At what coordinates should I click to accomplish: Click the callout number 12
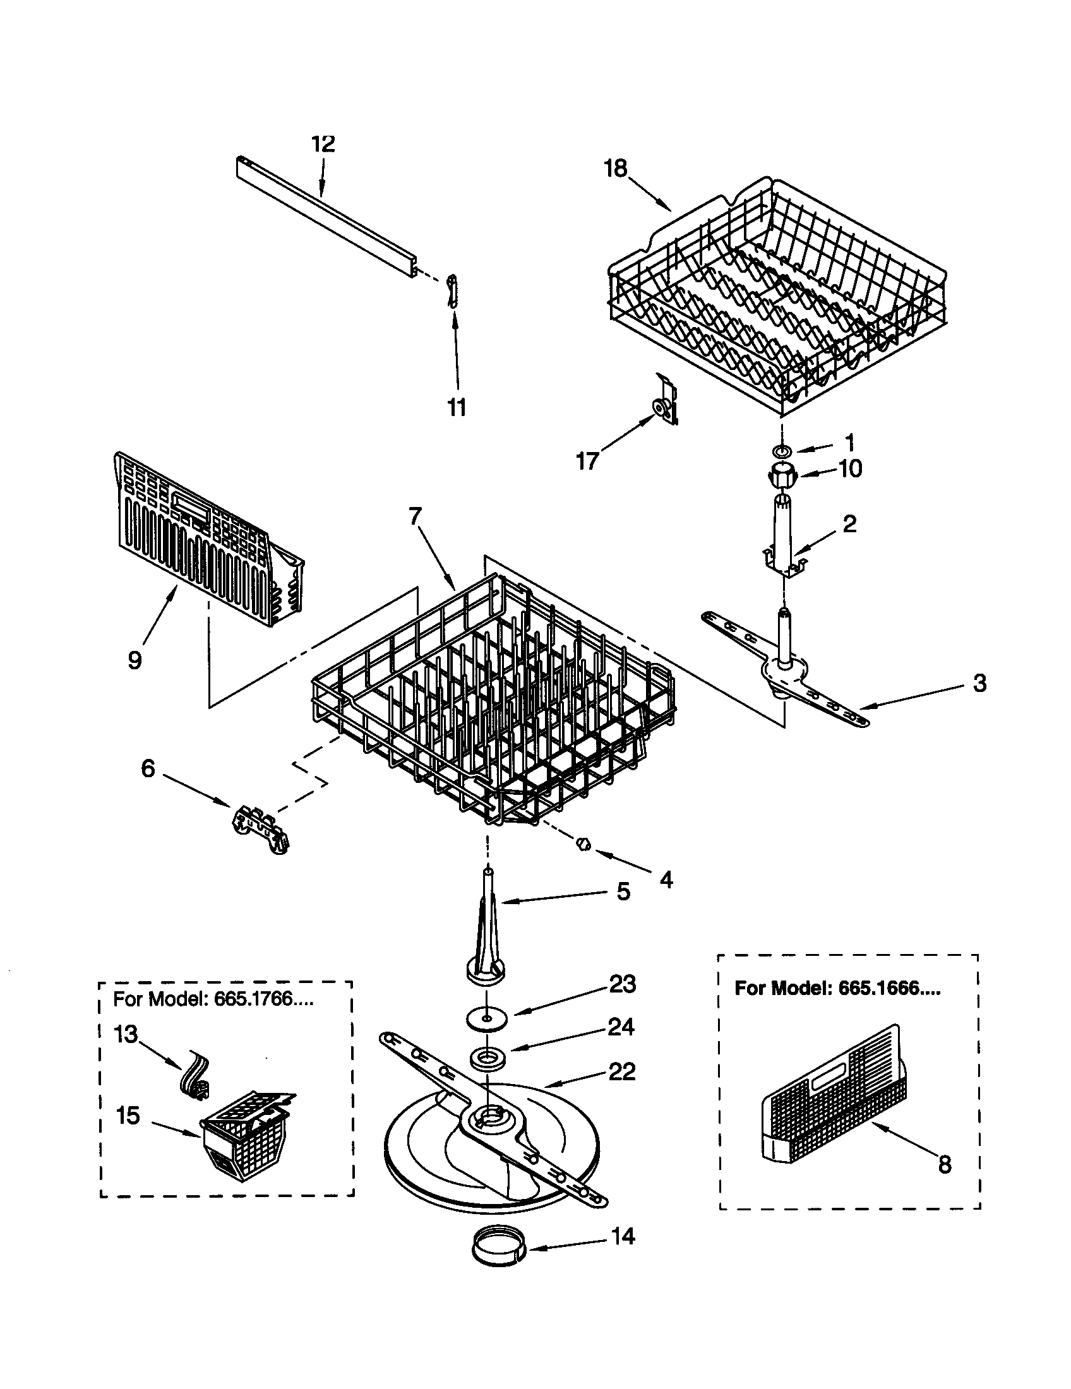pos(323,144)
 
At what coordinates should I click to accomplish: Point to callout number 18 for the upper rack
pos(616,169)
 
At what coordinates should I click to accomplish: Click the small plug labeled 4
pos(583,845)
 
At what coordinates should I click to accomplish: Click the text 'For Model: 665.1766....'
pos(213,999)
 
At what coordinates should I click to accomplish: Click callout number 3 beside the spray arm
pos(980,684)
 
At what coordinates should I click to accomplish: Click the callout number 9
pos(135,660)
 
